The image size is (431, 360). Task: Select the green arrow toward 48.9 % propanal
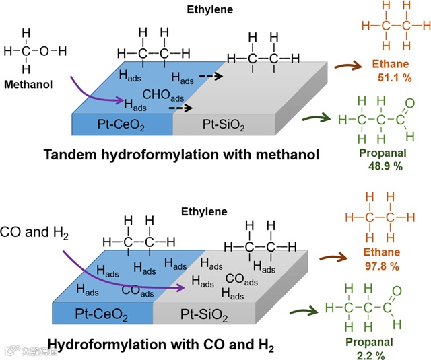314,119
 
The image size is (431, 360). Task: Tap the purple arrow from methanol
94,94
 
